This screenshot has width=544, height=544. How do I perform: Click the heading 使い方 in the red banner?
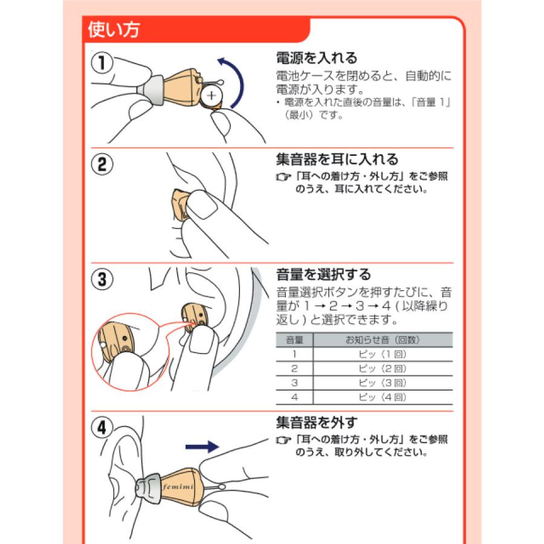(114, 30)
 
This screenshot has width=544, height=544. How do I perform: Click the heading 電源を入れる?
(317, 59)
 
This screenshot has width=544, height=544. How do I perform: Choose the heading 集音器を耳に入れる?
(337, 160)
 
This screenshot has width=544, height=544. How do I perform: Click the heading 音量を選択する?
(323, 274)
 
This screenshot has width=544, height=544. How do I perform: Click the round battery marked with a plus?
(212, 96)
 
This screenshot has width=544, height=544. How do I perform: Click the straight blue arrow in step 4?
(201, 447)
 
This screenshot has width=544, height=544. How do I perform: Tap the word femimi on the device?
(174, 485)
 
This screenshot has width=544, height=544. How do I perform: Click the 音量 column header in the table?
(294, 340)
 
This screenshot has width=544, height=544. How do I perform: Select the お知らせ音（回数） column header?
(383, 340)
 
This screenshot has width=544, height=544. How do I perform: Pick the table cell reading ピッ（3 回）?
(383, 383)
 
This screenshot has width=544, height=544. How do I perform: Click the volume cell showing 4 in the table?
(294, 398)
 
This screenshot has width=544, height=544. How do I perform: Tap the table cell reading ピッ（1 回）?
(383, 354)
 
